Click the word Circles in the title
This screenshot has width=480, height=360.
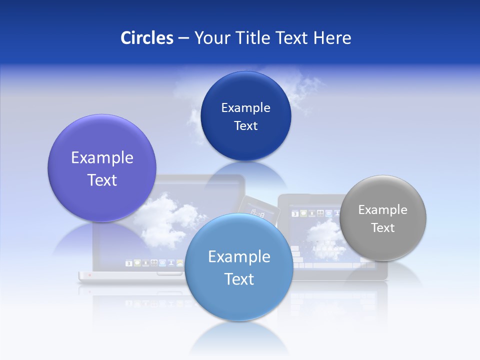pyautogui.click(x=147, y=38)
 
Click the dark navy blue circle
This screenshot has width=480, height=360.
pyautogui.click(x=245, y=90)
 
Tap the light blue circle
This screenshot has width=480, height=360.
pyautogui.click(x=239, y=300)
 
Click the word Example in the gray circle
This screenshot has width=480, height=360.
pyautogui.click(x=383, y=210)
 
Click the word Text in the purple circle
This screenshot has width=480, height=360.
pyautogui.click(x=102, y=180)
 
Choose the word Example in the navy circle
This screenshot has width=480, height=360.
pyautogui.click(x=245, y=108)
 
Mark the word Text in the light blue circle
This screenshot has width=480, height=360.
pyautogui.click(x=239, y=279)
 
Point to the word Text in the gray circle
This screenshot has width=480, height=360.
pyautogui.click(x=383, y=228)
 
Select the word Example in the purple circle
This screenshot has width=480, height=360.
pyautogui.click(x=102, y=158)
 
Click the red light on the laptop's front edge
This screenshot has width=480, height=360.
pyautogui.click(x=89, y=275)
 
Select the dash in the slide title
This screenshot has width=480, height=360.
pyautogui.click(x=183, y=38)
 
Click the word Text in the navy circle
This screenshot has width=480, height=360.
pyautogui.click(x=245, y=126)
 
